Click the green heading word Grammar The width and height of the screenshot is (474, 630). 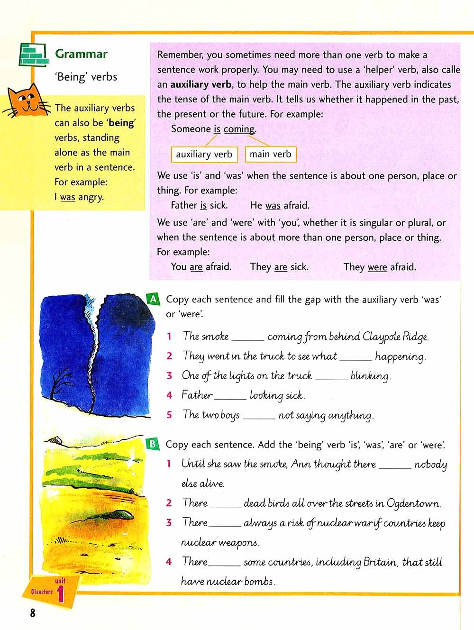click(x=81, y=54)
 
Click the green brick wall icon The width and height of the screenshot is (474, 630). click(x=33, y=55)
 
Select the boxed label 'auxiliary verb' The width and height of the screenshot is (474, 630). click(x=204, y=154)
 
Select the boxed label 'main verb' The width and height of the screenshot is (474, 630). click(x=270, y=154)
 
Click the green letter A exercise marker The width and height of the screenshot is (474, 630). click(x=153, y=299)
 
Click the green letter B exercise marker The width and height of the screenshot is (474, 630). click(x=153, y=444)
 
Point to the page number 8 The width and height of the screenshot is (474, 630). click(x=33, y=613)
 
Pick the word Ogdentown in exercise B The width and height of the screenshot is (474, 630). click(x=413, y=503)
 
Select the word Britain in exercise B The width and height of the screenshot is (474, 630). click(x=380, y=562)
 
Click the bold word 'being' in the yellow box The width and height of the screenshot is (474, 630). click(x=121, y=123)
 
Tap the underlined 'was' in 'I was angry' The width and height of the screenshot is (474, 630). click(x=67, y=197)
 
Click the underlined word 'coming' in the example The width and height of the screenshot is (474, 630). click(x=239, y=129)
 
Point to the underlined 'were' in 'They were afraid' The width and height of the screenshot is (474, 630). click(x=377, y=267)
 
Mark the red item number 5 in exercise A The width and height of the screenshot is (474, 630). click(x=169, y=415)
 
